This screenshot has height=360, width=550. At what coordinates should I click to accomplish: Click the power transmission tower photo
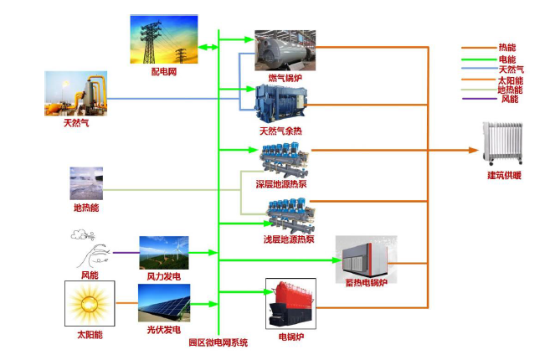tap(164, 39)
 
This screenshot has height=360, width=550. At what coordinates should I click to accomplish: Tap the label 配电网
tap(164, 72)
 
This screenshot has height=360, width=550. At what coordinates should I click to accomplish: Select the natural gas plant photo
tap(76, 93)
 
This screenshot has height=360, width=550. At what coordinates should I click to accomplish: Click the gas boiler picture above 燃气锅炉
tap(285, 50)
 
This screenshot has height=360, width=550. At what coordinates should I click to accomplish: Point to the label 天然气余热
tap(280, 131)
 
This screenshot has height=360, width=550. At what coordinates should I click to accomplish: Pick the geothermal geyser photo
tap(86, 183)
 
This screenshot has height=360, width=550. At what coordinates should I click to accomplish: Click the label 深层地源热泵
tap(281, 184)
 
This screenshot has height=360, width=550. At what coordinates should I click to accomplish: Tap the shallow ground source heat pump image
tap(290, 216)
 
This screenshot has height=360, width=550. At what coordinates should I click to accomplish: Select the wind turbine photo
tap(164, 253)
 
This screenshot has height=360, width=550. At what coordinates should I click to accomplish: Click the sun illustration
tap(90, 304)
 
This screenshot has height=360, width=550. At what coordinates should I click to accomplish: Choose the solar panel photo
tap(164, 303)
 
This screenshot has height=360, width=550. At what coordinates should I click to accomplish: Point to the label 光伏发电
tap(164, 330)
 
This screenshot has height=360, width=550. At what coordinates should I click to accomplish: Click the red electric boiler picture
tap(290, 304)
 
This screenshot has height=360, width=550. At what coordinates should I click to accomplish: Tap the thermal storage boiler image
tap(366, 259)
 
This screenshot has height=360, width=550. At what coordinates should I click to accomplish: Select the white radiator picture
tap(502, 143)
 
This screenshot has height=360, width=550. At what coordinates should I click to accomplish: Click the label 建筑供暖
tap(504, 175)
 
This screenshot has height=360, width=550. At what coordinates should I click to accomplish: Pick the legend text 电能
tap(507, 59)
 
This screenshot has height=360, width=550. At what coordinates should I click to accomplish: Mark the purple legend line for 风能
tap(480, 99)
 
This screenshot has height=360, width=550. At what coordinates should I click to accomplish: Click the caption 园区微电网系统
tap(218, 342)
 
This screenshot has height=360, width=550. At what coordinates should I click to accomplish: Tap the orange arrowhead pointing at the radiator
tap(474, 150)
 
